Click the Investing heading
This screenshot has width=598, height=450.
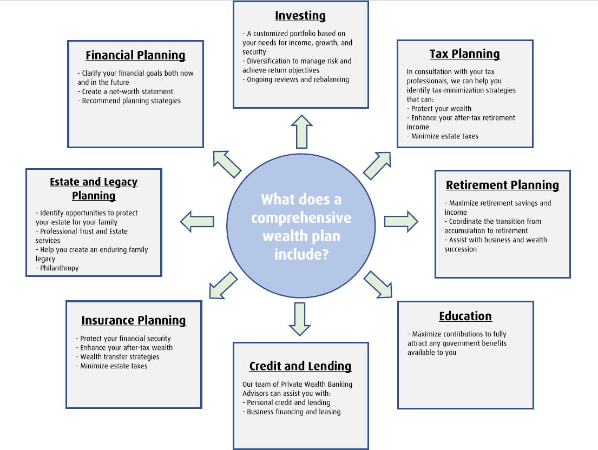(x=300, y=16)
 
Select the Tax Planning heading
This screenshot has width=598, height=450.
(x=464, y=54)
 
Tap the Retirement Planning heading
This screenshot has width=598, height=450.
(x=502, y=186)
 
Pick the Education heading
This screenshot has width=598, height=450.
(x=465, y=316)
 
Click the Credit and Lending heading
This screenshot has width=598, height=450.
(x=300, y=366)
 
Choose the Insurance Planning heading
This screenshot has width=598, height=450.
(x=134, y=321)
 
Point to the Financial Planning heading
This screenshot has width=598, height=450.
(x=135, y=56)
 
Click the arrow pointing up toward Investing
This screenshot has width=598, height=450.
(x=301, y=131)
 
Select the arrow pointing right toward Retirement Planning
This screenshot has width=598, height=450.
(x=401, y=221)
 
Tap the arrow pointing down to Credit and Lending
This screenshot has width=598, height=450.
(x=299, y=319)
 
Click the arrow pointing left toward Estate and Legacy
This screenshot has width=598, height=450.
(x=197, y=221)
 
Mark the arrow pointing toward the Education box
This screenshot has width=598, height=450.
(x=378, y=284)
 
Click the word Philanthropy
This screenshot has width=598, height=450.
(x=59, y=268)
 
